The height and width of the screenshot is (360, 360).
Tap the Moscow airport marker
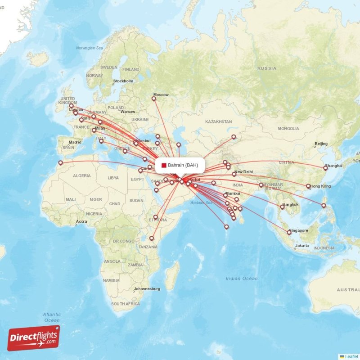tap(154, 98)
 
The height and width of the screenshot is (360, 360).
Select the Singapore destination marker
tap(289, 233)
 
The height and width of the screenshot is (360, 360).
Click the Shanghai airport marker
tap(325, 168)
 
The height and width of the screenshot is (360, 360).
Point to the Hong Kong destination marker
tap(308, 186)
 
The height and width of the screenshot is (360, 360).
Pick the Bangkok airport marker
tap(283, 207)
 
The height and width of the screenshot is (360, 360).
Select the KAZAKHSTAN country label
tap(218, 121)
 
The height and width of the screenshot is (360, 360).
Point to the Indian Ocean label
tap(242, 279)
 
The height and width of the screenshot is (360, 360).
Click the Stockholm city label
tap(123, 81)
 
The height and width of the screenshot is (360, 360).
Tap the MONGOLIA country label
tap(288, 129)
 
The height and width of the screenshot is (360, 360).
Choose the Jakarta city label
tap(301, 246)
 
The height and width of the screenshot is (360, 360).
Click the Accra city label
tap(81, 221)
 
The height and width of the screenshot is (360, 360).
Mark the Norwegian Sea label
tap(90, 48)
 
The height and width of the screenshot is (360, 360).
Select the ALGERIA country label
tap(82, 176)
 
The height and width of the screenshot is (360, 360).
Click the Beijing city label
tap(321, 144)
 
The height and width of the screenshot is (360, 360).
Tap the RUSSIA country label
tap(266, 68)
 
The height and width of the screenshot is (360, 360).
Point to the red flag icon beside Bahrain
tap(164, 165)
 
